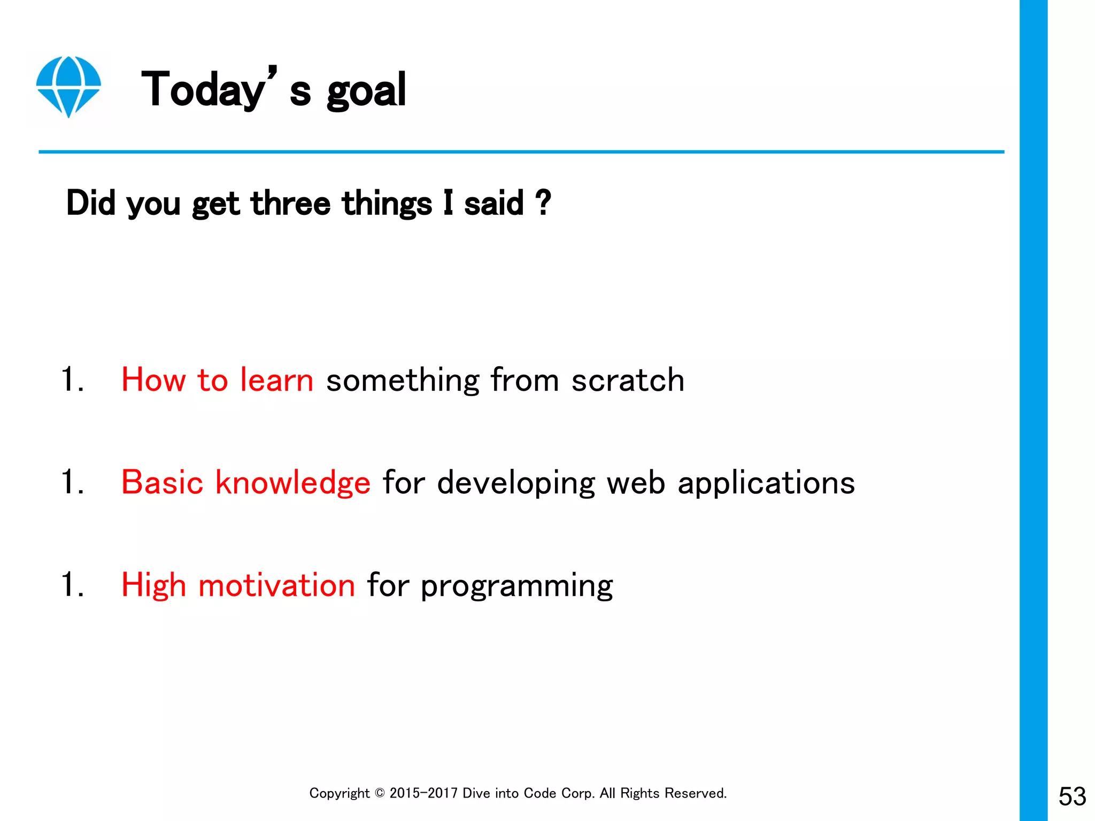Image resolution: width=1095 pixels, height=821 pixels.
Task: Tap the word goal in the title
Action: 366,91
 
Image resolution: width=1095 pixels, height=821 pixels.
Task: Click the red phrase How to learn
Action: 217,380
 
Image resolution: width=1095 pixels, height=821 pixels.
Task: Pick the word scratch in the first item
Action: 627,380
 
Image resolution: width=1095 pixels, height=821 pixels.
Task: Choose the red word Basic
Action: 162,482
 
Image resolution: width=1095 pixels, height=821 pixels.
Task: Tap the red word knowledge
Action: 292,483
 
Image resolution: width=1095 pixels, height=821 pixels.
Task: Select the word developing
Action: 515,483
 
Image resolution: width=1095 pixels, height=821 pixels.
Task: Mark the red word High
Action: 153,585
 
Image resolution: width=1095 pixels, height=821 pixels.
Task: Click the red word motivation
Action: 276,585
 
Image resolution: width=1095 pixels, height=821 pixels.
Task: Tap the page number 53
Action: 1071,796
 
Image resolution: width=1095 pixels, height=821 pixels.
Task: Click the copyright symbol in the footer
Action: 380,793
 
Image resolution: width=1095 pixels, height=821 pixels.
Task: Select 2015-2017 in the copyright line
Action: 423,793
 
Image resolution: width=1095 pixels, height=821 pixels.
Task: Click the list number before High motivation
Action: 72,584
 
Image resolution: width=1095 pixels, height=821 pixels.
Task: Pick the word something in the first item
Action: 402,380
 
